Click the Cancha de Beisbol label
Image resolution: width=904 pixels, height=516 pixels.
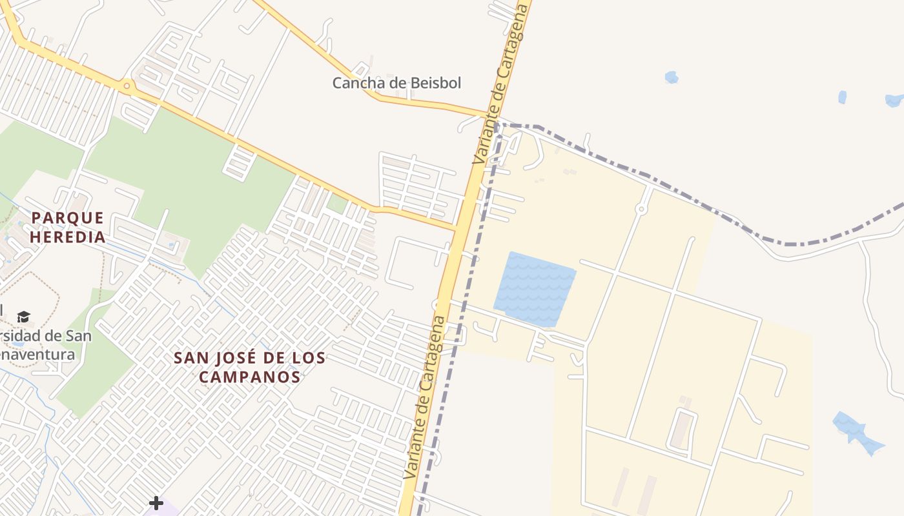(x=396, y=83)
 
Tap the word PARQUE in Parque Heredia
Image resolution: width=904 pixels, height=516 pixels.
(x=67, y=218)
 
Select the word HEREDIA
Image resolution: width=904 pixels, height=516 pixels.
(x=67, y=237)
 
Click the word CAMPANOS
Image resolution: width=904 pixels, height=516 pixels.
(x=249, y=377)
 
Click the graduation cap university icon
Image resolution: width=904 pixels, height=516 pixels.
(x=24, y=317)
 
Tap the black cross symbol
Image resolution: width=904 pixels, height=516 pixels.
(x=156, y=502)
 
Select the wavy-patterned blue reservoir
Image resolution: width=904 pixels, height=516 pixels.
(x=535, y=289)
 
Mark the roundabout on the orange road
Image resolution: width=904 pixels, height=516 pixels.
(x=127, y=85)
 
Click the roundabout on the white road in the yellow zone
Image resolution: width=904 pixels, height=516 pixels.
(x=641, y=208)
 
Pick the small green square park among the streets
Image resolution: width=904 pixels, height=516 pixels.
(x=336, y=204)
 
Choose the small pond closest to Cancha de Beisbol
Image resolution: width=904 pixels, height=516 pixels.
(x=672, y=77)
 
